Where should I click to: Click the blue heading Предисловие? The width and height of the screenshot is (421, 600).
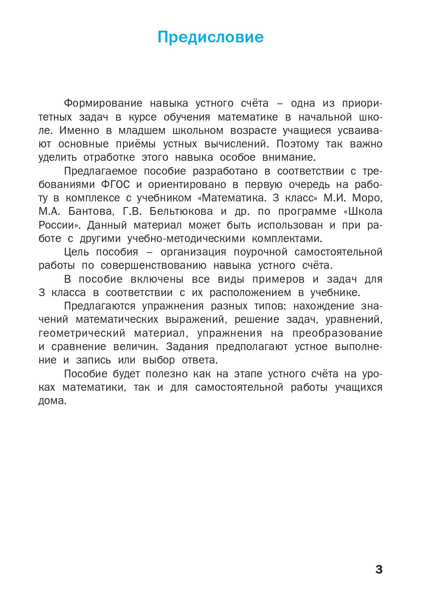pos(210,37)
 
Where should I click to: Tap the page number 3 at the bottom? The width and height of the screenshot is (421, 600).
pos(379,569)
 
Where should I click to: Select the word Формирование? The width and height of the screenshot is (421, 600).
pos(103,104)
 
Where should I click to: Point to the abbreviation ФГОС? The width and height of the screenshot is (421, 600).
pos(115,185)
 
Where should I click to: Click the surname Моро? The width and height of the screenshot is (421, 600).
pos(367,198)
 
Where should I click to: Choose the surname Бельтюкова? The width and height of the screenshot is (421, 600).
pos(181,212)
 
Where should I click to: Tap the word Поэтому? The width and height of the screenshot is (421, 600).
pos(297,144)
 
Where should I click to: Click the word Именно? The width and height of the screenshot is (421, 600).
pos(79,131)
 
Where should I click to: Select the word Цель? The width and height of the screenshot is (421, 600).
pos(76,252)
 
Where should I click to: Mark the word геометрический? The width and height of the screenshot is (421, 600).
pos(82,334)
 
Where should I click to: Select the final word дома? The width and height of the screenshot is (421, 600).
pos(52,401)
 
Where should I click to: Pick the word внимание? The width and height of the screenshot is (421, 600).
pos(289,157)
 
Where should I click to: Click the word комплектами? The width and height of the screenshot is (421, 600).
pos(287,239)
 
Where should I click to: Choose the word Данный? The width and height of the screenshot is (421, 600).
pos(107,225)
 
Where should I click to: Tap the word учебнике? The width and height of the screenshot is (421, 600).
pos(335,293)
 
